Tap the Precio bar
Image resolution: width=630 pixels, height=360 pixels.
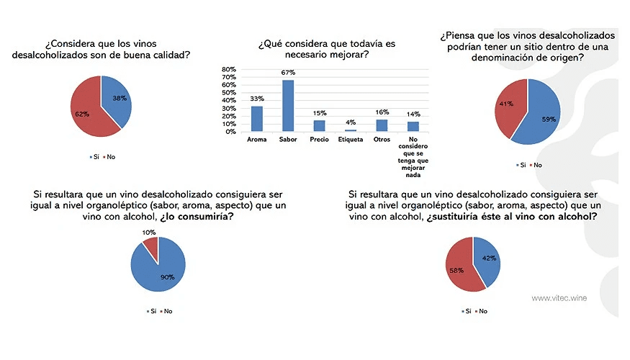[x=319, y=126]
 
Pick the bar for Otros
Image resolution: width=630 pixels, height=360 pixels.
[x=382, y=125]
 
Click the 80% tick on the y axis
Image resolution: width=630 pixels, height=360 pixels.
[x=228, y=70]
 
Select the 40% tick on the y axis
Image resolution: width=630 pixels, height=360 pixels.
[x=228, y=101]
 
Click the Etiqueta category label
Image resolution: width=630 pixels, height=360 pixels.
[x=351, y=139]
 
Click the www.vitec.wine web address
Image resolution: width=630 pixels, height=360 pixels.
[x=559, y=297]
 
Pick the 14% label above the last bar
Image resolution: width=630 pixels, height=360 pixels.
[x=413, y=114]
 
